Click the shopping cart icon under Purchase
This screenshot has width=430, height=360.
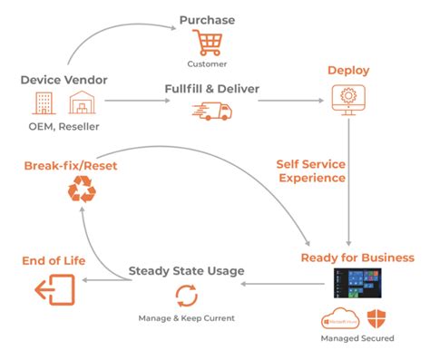[206, 43]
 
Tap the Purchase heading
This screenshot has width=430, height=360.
[207, 20]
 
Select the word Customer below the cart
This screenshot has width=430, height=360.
[207, 64]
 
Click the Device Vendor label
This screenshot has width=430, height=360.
[64, 80]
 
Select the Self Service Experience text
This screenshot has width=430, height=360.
[310, 170]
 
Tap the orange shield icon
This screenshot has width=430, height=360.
[374, 320]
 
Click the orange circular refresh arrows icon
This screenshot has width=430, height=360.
[185, 296]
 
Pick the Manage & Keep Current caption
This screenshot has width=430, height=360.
[186, 318]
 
